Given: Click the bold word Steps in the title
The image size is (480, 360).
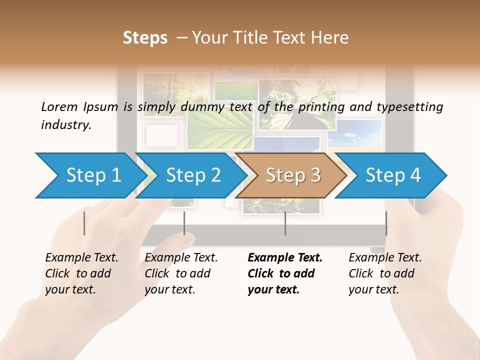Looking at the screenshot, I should pyautogui.click(x=145, y=38).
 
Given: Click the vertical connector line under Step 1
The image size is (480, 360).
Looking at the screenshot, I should pyautogui.click(x=84, y=223).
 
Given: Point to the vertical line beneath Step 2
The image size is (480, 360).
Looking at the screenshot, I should pyautogui.click(x=184, y=223).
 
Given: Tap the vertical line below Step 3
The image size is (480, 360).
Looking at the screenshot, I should pyautogui.click(x=285, y=223).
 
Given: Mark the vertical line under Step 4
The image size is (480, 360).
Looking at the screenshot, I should pyautogui.click(x=386, y=223).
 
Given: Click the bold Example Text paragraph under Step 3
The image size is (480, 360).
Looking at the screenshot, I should pyautogui.click(x=285, y=273).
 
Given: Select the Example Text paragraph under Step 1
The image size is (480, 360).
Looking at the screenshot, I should pyautogui.click(x=81, y=273).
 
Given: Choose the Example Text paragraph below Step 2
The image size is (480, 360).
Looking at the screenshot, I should pyautogui.click(x=181, y=273).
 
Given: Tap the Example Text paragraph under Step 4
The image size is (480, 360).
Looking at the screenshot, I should pyautogui.click(x=385, y=273).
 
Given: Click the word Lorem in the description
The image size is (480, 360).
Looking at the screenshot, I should pyautogui.click(x=59, y=107).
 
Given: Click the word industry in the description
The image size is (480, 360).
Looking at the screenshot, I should pyautogui.click(x=66, y=125).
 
